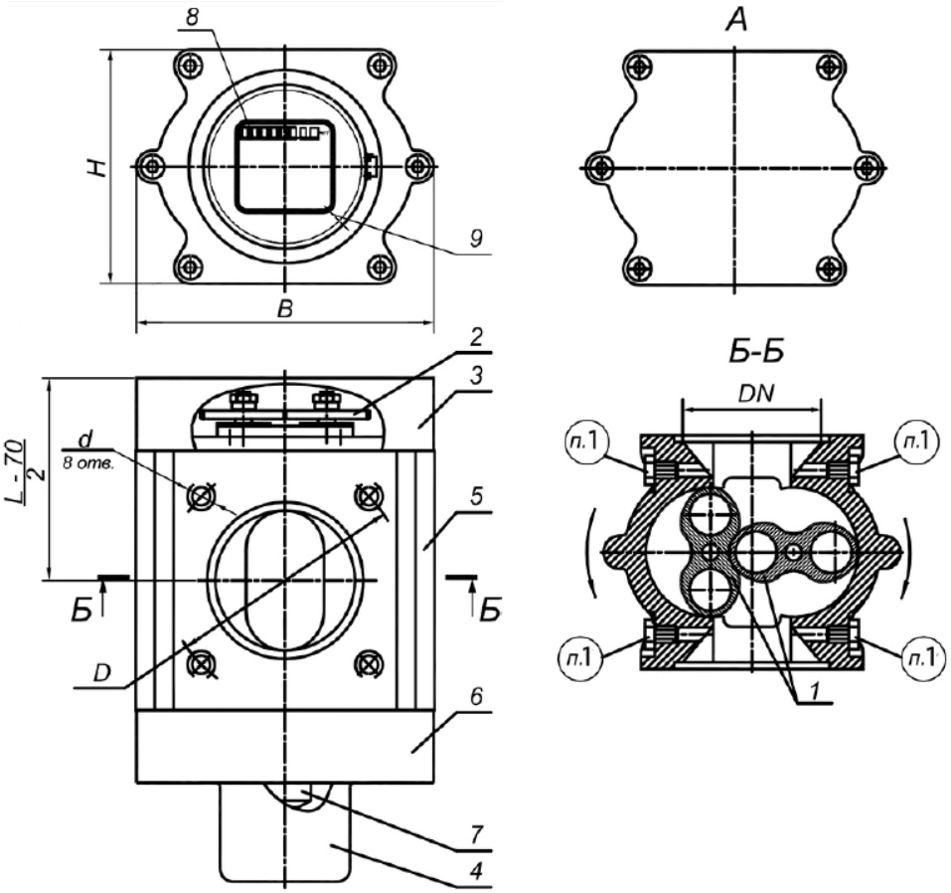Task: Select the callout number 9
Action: click(474, 239)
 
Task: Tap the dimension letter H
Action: click(93, 166)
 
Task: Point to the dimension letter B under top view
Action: click(284, 310)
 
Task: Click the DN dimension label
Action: click(752, 394)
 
